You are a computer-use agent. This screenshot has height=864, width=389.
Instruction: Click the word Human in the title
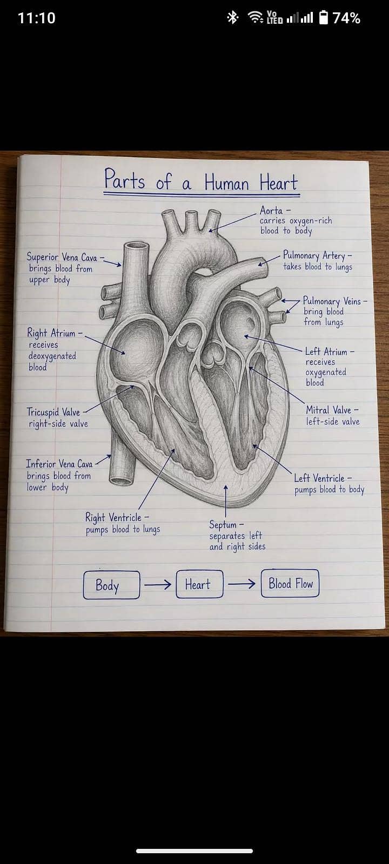click(x=226, y=182)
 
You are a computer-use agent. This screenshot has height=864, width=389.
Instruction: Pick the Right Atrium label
click(x=51, y=333)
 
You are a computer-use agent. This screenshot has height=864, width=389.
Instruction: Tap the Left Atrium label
click(x=326, y=352)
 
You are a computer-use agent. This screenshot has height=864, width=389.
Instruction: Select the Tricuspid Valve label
click(x=53, y=412)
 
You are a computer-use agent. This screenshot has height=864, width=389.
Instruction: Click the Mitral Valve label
click(x=328, y=410)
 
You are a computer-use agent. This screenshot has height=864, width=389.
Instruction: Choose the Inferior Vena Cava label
click(x=59, y=464)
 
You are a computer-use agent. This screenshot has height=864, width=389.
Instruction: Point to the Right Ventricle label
click(x=113, y=517)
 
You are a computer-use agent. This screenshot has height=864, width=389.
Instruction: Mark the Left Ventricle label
click(x=319, y=478)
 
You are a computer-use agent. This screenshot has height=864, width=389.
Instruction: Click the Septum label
click(x=223, y=524)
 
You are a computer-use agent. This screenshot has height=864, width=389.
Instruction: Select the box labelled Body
click(x=111, y=585)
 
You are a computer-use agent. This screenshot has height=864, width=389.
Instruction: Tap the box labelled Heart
click(x=199, y=584)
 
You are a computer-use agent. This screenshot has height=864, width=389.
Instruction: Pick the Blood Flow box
click(x=290, y=583)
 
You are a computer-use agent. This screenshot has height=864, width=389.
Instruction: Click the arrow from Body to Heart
click(x=158, y=584)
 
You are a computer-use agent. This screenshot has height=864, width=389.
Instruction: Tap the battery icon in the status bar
click(x=324, y=17)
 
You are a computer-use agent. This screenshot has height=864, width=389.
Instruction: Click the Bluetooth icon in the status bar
click(x=232, y=17)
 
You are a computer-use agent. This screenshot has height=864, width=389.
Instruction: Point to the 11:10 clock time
click(x=37, y=18)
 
